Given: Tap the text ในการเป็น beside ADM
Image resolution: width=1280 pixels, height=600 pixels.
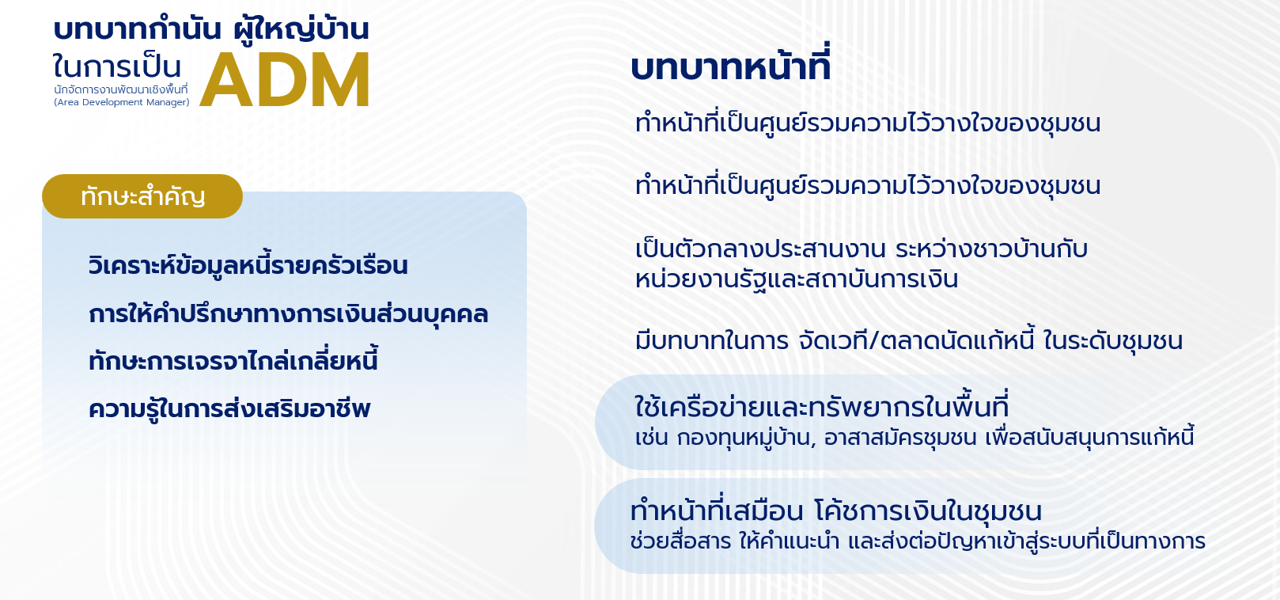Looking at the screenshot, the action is point(117,67).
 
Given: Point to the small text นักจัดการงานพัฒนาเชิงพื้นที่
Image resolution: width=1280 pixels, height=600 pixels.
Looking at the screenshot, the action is point(120,89).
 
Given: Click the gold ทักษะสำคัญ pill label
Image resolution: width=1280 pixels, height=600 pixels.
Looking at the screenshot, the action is point(142,196).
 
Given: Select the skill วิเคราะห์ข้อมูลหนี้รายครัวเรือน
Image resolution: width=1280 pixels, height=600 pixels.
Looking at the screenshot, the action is point(248,265).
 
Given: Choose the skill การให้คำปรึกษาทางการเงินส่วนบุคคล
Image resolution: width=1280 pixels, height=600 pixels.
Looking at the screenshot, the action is point(289,313).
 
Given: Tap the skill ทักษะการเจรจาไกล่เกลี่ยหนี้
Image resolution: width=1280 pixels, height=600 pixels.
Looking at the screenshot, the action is point(233,361).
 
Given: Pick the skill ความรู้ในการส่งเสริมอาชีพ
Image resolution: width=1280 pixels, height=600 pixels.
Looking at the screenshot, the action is point(229,409).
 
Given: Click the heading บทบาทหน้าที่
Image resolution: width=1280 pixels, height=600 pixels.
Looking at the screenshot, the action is point(730,66).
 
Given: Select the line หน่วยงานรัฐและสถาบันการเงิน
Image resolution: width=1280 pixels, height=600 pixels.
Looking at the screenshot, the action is point(797,279).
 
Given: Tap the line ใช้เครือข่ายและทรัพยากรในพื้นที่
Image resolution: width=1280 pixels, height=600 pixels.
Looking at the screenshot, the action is point(822,406).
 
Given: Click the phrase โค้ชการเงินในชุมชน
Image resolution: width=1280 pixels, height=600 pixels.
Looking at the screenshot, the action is point(928,511).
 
